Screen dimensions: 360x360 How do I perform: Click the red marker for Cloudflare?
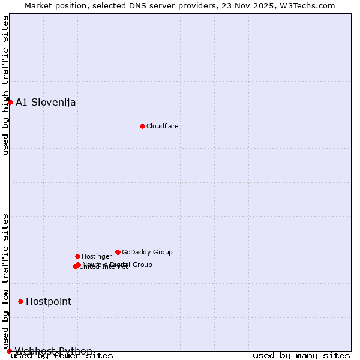[142, 126]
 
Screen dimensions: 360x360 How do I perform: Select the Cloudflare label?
[163, 126]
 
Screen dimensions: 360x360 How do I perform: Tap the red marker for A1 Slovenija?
[10, 102]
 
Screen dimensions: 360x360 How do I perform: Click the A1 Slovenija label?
[46, 102]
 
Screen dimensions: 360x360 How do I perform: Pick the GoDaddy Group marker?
[118, 252]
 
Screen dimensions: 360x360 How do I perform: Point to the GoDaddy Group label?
[147, 252]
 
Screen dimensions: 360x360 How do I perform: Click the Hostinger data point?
[77, 256]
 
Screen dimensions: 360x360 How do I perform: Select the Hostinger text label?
[97, 256]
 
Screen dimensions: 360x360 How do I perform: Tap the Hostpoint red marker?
[20, 301]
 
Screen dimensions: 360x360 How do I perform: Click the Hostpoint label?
[49, 301]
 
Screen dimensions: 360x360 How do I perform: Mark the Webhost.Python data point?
[9, 351]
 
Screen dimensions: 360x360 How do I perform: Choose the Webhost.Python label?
[53, 351]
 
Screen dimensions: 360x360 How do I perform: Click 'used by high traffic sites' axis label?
[5, 85]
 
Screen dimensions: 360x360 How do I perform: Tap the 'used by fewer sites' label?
[62, 356]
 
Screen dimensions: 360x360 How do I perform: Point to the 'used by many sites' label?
[301, 356]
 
